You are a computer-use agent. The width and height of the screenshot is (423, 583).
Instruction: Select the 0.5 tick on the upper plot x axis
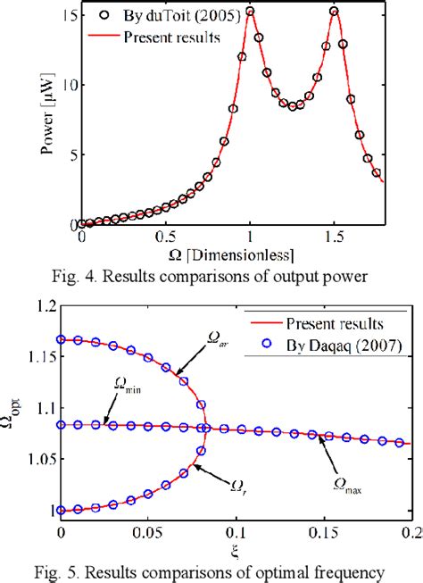(164, 238)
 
